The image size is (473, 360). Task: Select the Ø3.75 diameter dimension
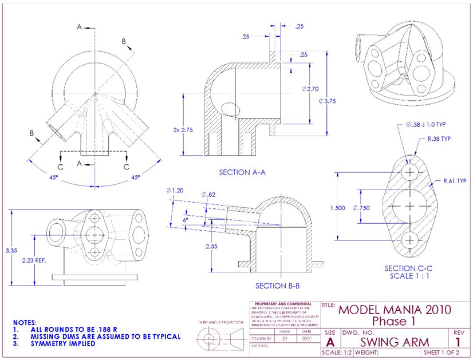pyautogui.click(x=327, y=100)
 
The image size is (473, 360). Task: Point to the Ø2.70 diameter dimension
pyautogui.click(x=309, y=89)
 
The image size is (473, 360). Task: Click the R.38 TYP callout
pyautogui.click(x=439, y=139)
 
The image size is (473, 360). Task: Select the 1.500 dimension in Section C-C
pyautogui.click(x=338, y=208)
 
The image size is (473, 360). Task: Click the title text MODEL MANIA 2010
pyautogui.click(x=394, y=310)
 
